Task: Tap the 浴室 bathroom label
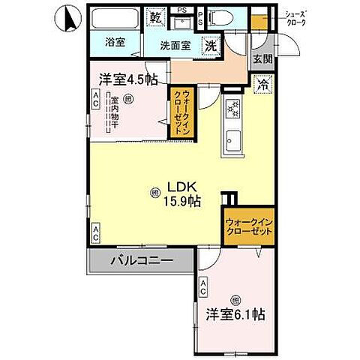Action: [x=115, y=43]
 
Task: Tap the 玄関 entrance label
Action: [x=261, y=59]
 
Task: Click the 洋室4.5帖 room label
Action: [x=125, y=78]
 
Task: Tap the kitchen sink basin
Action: [x=232, y=140]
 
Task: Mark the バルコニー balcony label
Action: [x=142, y=261]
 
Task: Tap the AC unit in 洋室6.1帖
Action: [x=203, y=287]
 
